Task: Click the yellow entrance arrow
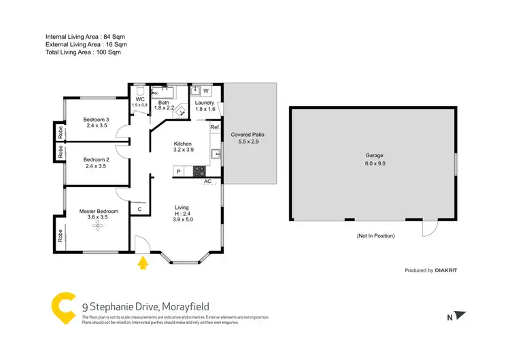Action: [143, 262]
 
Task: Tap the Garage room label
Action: [375, 159]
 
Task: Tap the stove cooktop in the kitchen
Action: [200, 171]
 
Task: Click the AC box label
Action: [207, 181]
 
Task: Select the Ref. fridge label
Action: [214, 127]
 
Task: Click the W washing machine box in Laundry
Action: [205, 91]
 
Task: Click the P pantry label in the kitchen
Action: [179, 171]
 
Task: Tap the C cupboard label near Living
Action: [139, 209]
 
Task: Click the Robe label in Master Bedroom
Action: [61, 236]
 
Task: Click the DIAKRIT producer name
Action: [446, 270]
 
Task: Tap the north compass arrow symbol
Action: [461, 315]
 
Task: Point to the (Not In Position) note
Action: [375, 235]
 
